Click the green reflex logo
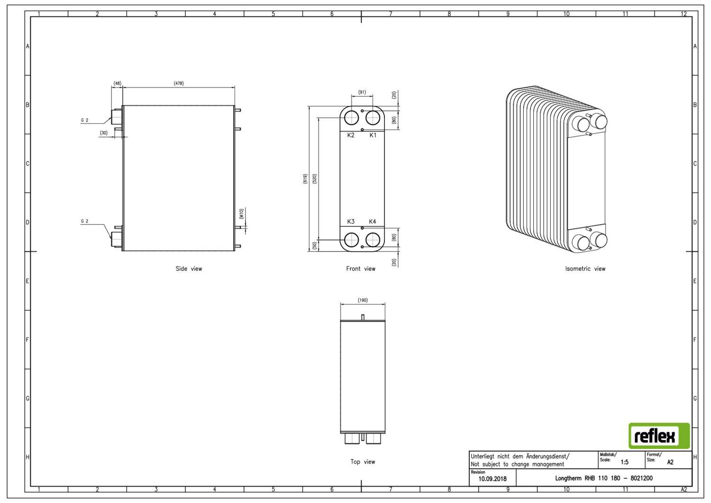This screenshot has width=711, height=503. click(x=659, y=436)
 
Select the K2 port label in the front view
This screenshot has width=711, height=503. click(x=350, y=135)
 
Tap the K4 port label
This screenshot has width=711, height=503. click(x=372, y=222)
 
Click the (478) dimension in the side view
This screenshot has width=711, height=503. click(x=179, y=83)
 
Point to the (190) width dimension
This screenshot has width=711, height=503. click(x=363, y=300)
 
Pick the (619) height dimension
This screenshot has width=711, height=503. click(x=305, y=179)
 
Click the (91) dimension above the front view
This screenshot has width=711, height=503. click(x=362, y=92)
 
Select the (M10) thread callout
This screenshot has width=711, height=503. click(x=241, y=214)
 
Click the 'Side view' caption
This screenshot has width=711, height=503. click(x=189, y=269)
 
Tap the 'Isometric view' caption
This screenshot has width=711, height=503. click(x=585, y=269)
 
